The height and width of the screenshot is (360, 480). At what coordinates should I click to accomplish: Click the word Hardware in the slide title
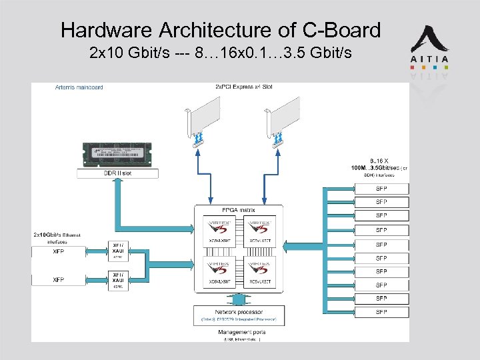(106, 30)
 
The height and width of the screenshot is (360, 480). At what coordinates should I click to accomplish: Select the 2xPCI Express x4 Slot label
(243, 87)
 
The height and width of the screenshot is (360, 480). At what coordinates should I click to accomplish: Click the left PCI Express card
(206, 121)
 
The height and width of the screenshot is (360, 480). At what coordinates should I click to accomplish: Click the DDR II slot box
(118, 173)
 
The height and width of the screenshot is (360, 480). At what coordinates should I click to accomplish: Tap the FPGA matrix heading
(239, 210)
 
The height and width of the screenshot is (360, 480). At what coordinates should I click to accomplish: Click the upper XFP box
(59, 253)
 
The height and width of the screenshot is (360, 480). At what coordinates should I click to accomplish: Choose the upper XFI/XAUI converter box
(118, 250)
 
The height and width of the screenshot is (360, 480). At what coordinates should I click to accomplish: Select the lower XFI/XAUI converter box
(118, 279)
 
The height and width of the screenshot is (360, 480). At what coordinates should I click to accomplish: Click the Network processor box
(239, 315)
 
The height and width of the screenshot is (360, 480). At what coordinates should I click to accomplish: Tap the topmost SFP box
(381, 189)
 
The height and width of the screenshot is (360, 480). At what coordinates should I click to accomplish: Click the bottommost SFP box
(381, 312)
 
